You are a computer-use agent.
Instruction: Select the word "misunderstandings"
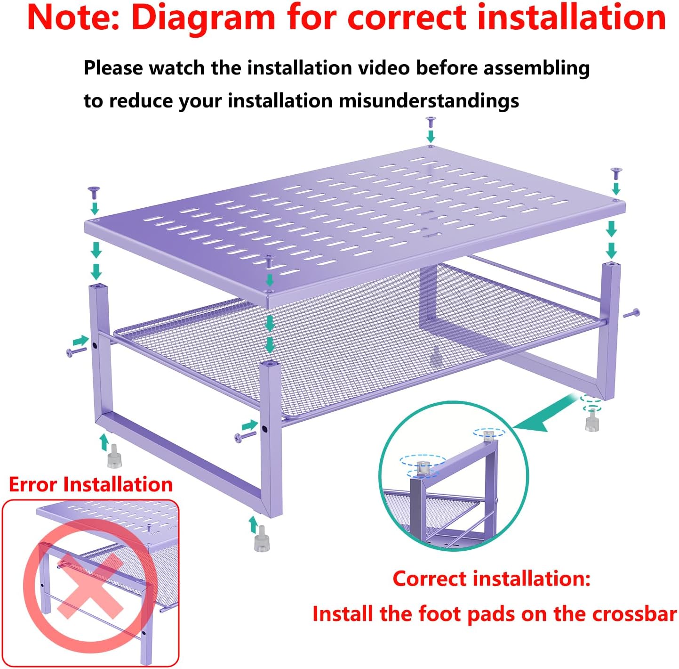(429, 101)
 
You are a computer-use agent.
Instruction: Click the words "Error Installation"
(90, 484)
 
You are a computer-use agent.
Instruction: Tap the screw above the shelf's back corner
(431, 122)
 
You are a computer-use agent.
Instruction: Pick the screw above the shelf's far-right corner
(616, 173)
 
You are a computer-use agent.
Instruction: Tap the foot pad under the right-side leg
(592, 420)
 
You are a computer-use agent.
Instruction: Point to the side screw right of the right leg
(631, 313)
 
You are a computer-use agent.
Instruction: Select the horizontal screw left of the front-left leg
(76, 351)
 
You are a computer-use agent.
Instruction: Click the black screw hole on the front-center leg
(264, 429)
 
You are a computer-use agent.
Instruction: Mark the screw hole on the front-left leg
(95, 345)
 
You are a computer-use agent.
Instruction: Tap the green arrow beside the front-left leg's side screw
(80, 341)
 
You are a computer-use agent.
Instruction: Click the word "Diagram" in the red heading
(203, 18)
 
